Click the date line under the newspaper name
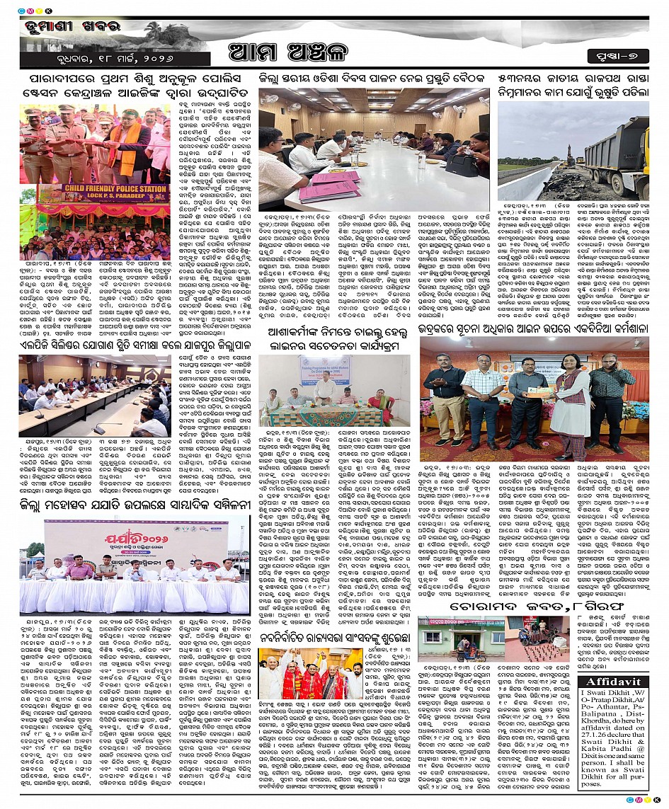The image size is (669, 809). coord(71,57)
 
